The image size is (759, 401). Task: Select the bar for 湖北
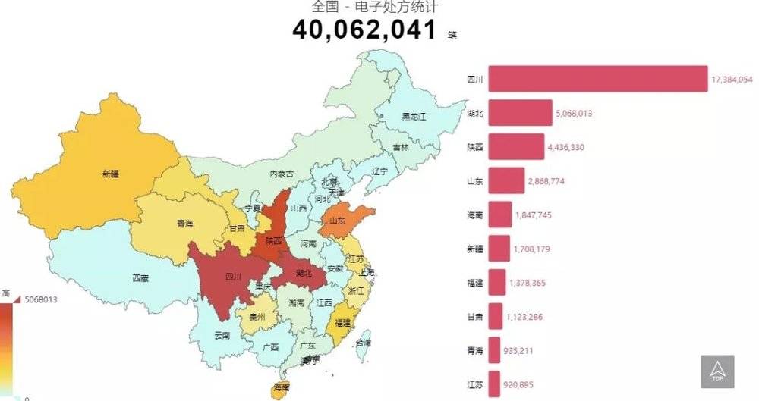[520, 114]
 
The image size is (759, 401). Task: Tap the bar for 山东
[506, 181]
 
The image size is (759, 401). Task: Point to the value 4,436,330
[565, 147]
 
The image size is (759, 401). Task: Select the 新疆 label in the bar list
[475, 249]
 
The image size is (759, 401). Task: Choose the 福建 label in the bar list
[475, 283]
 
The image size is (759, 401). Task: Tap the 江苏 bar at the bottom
[494, 384]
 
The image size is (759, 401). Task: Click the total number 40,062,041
[364, 30]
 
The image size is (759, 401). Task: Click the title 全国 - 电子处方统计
[364, 8]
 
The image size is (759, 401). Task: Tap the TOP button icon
[717, 371]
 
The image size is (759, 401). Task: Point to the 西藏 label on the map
[140, 278]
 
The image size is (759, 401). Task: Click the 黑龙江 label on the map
[414, 117]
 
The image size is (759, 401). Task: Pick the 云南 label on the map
[222, 334]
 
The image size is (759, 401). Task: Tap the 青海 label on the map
[184, 224]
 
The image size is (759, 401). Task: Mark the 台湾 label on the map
[365, 343]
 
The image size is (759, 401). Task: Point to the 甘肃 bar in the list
[496, 317]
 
